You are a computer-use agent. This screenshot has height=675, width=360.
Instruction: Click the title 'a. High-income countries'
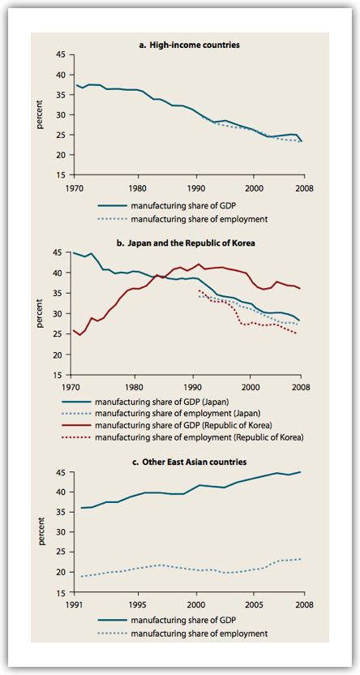[189, 45]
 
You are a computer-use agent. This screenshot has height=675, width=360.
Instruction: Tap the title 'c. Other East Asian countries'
[189, 462]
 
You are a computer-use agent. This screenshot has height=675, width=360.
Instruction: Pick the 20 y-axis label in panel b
[62, 355]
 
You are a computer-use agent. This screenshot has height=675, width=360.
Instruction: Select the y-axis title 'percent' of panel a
[40, 115]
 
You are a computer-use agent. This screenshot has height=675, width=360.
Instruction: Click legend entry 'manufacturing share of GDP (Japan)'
[161, 403]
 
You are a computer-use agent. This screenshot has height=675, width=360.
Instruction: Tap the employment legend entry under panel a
[183, 219]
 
